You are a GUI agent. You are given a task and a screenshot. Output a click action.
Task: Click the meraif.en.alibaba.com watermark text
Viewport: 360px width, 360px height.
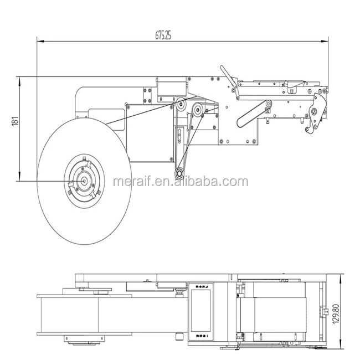(180, 182)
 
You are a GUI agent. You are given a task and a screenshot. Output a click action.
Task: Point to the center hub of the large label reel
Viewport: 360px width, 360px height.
(83, 179)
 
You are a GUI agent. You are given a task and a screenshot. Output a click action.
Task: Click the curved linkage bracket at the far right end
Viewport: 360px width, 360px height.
(317, 114)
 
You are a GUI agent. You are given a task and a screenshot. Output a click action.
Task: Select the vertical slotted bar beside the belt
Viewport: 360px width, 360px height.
(181, 138)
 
